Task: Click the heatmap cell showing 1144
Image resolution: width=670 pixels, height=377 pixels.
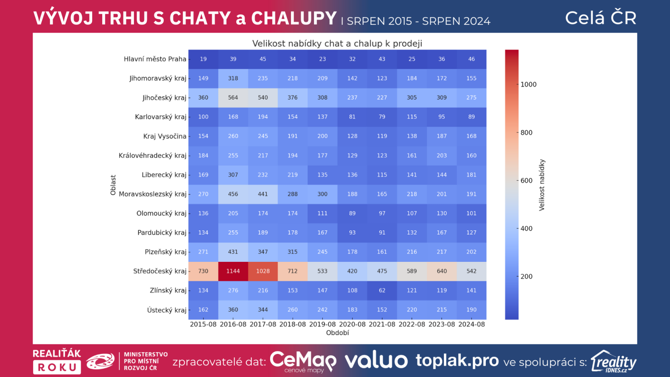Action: (x=233, y=271)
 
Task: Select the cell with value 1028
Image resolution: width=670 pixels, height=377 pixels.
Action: (x=263, y=271)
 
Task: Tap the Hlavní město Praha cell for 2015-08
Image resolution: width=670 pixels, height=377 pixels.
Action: (x=203, y=59)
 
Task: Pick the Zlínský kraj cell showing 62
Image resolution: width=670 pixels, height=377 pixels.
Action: (x=382, y=290)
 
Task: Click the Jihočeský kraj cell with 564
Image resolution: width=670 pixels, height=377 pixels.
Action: (x=233, y=98)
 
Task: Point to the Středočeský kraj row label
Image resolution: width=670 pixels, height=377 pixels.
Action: (x=160, y=271)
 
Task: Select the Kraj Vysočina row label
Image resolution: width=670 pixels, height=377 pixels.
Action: (x=165, y=136)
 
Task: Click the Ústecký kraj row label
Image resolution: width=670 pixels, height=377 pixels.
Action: (x=166, y=310)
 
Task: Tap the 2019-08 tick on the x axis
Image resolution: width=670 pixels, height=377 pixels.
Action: (x=322, y=324)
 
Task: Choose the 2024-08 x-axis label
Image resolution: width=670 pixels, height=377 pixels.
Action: (x=472, y=324)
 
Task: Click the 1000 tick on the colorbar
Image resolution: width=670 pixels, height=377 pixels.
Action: (x=528, y=85)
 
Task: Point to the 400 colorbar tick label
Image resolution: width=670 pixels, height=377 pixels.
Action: (x=526, y=229)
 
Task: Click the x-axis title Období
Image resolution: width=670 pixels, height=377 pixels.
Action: (x=338, y=333)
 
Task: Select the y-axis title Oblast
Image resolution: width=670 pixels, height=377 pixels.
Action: (x=113, y=185)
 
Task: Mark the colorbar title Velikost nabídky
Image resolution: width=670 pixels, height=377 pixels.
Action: (x=542, y=185)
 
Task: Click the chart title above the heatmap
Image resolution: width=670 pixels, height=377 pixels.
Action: (x=337, y=44)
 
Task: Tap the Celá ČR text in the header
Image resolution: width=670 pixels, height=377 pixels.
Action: (x=600, y=18)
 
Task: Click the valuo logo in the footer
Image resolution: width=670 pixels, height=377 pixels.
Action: (x=376, y=361)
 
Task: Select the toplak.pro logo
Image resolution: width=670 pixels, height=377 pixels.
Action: (x=457, y=360)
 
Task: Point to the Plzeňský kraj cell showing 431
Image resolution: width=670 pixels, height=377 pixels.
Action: (x=233, y=252)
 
